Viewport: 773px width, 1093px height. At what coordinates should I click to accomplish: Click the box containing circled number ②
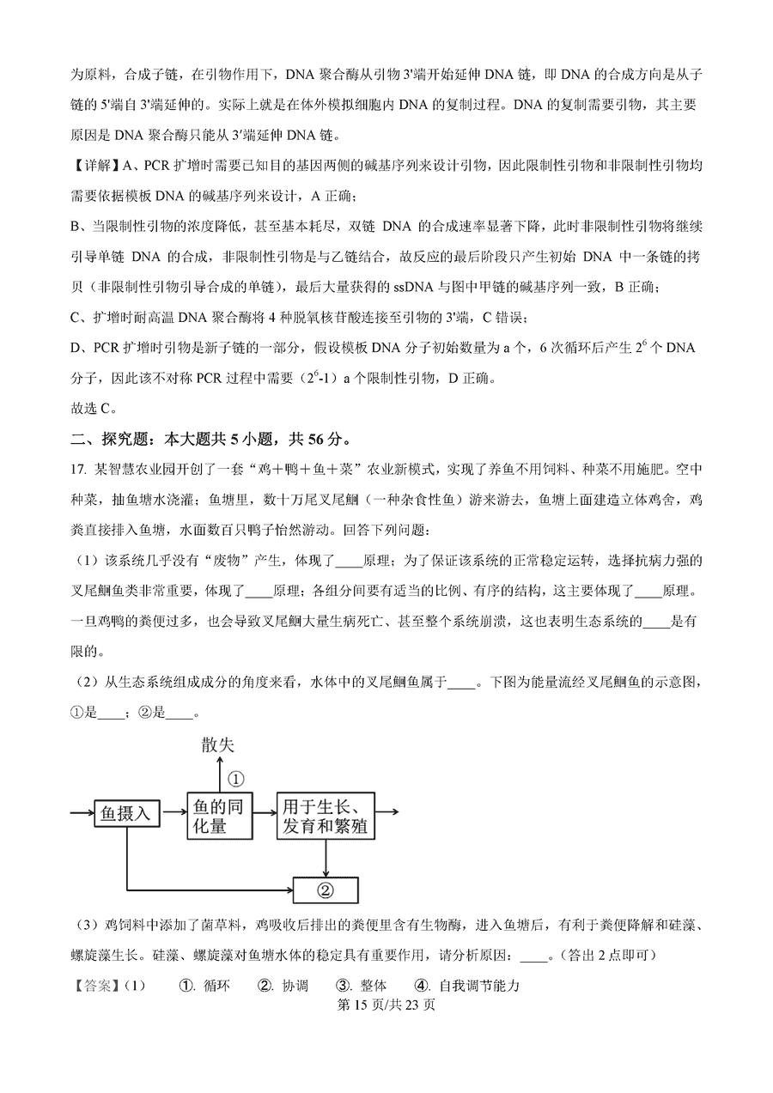click(326, 890)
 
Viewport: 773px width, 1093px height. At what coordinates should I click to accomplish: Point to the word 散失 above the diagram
click(217, 744)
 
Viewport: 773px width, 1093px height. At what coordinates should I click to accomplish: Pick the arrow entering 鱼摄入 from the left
click(82, 811)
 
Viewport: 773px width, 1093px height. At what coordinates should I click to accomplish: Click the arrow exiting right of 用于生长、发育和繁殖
click(388, 811)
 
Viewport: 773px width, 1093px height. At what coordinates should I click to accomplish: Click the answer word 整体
click(372, 985)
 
